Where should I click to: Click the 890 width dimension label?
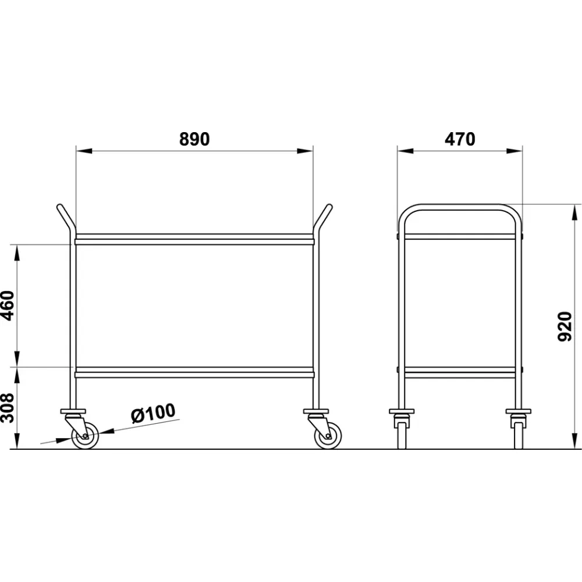[194, 139]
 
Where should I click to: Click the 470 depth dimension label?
[460, 139]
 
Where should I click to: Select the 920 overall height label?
[564, 327]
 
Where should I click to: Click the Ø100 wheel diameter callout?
[152, 413]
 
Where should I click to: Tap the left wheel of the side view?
[402, 434]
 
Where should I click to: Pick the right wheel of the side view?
[518, 434]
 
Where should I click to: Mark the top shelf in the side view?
[460, 237]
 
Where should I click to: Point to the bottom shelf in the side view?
[460, 372]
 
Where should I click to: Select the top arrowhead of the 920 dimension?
[574, 212]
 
